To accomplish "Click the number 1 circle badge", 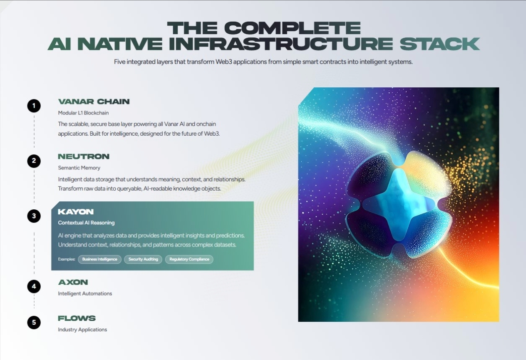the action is click(34, 106).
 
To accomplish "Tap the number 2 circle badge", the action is click(34, 161).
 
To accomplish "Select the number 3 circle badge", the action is click(34, 216).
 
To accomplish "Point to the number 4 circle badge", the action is click(34, 286).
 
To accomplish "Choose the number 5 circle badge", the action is click(34, 323).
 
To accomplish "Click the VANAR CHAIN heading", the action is click(94, 102).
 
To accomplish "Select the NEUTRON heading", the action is click(84, 156).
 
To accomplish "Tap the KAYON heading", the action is click(76, 212).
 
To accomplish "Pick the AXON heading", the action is click(73, 282).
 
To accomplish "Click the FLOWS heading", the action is click(77, 318).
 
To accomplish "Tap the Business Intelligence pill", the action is click(99, 259).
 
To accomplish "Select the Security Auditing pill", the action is click(143, 259).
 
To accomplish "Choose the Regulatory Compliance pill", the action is click(189, 259).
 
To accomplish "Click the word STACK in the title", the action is click(439, 44).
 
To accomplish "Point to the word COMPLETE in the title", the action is click(293, 28).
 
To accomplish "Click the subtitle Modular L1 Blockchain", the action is click(83, 113).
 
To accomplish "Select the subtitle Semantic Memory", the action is click(79, 168).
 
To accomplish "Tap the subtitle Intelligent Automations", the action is click(85, 293).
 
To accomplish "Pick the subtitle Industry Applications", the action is click(82, 330).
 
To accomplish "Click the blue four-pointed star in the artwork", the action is click(399, 205).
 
